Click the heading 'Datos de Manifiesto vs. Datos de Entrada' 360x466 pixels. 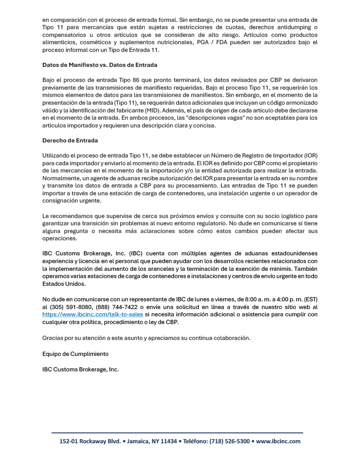(x=100, y=65)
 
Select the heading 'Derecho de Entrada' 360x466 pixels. (x=70, y=141)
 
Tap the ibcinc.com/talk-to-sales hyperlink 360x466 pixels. (x=92, y=314)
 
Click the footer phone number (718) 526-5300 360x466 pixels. (x=229, y=441)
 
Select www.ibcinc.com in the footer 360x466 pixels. (x=279, y=441)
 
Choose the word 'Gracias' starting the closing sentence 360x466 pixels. (x=53, y=338)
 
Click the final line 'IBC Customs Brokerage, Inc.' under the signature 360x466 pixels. (x=81, y=369)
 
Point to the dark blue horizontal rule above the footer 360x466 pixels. (x=177, y=433)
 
